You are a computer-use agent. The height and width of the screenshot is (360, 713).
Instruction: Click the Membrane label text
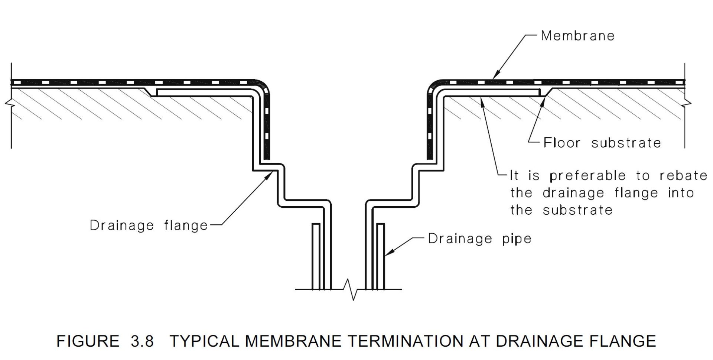point(577,36)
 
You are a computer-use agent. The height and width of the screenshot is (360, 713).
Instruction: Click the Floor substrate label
point(602,143)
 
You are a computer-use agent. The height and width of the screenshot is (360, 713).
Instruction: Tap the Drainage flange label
point(149,226)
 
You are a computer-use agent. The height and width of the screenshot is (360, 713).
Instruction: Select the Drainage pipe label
point(479,239)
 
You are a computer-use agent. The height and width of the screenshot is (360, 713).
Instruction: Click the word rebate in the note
point(683,176)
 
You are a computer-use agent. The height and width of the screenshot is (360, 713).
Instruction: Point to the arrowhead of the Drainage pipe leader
point(387,254)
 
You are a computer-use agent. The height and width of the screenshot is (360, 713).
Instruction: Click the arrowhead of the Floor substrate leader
point(544,97)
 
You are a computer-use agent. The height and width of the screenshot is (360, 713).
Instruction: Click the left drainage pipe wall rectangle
point(316,256)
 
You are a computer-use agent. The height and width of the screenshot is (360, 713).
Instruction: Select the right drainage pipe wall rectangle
point(381,256)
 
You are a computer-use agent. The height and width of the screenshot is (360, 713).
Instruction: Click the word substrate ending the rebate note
point(577,210)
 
